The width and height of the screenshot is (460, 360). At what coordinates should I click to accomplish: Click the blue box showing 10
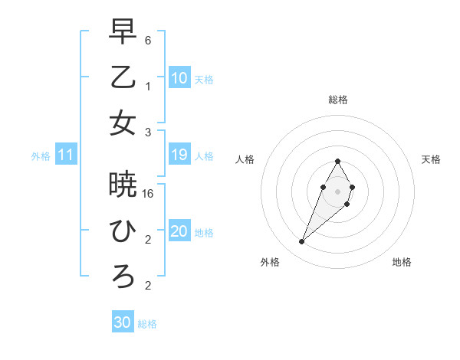coord(179,78)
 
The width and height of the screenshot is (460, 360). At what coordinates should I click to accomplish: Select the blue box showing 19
coord(179,155)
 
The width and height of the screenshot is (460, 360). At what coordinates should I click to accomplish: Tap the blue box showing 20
coord(179,232)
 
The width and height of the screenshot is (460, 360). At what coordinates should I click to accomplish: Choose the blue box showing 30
coord(123,323)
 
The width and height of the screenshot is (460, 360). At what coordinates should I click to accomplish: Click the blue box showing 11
coord(66,155)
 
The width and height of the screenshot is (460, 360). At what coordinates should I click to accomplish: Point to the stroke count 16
coord(149,195)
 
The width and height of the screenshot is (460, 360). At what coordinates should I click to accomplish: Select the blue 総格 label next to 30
coord(147,324)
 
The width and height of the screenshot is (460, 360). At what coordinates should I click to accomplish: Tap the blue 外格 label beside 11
coord(41,156)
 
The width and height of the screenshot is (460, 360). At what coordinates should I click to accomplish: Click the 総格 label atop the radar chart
coord(337,100)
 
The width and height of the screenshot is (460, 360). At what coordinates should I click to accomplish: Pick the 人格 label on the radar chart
coord(245,159)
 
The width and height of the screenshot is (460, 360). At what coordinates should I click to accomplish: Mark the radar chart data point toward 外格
coord(301,242)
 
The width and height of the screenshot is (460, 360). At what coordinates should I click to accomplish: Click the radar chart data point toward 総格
coord(337,161)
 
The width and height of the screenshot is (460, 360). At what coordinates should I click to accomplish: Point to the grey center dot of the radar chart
coord(337,191)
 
